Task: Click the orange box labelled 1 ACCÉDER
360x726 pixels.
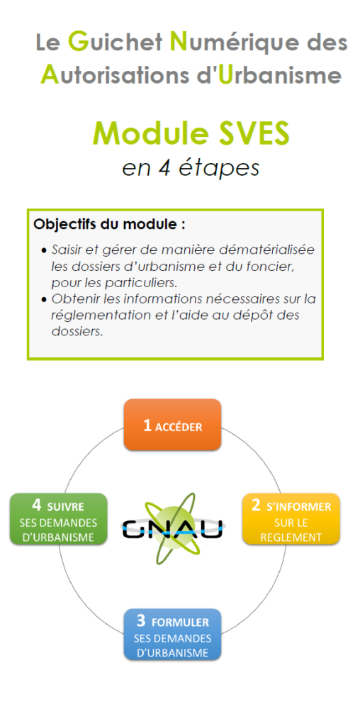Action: pyautogui.click(x=172, y=425)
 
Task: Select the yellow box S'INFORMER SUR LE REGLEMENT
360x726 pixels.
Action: pyautogui.click(x=291, y=518)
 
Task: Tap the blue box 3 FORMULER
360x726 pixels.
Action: pyautogui.click(x=172, y=634)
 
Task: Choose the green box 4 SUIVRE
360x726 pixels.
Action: pyautogui.click(x=58, y=518)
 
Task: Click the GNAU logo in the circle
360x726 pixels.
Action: pyautogui.click(x=172, y=527)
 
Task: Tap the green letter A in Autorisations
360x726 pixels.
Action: pyautogui.click(x=50, y=74)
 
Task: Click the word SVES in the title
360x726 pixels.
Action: pyautogui.click(x=252, y=133)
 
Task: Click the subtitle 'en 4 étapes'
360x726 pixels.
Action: pyautogui.click(x=191, y=168)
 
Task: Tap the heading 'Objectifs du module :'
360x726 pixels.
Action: pyautogui.click(x=110, y=225)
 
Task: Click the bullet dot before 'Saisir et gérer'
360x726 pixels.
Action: pyautogui.click(x=44, y=250)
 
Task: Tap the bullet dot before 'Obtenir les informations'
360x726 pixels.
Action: pyautogui.click(x=44, y=300)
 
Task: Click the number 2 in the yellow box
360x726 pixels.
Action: pyautogui.click(x=256, y=506)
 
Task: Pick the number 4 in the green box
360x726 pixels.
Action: pyautogui.click(x=37, y=505)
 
